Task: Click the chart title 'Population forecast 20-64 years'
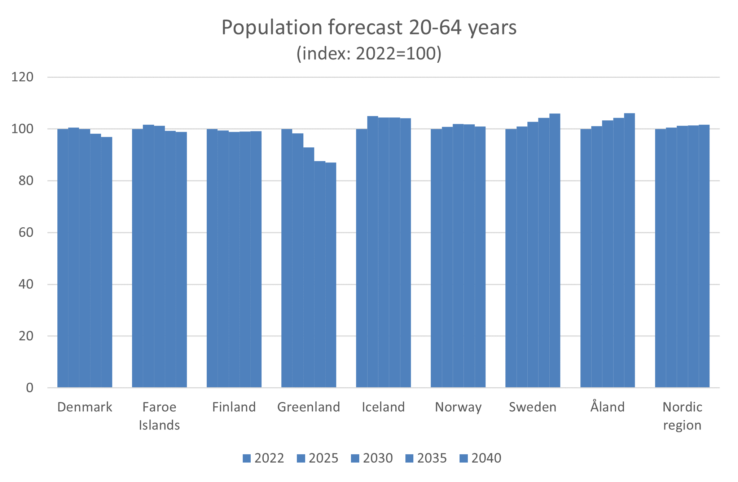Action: (x=369, y=27)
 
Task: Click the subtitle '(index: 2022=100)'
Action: (x=369, y=54)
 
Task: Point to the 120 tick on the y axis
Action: (x=22, y=77)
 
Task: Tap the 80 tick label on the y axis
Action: (x=26, y=181)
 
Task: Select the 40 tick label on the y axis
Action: (x=26, y=284)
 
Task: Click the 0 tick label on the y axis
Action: (x=30, y=388)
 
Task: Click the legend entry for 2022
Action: (x=263, y=458)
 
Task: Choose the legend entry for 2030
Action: (x=372, y=458)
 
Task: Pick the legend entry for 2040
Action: (x=480, y=458)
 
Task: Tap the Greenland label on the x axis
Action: (x=309, y=407)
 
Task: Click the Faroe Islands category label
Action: (x=159, y=416)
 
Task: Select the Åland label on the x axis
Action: (x=607, y=407)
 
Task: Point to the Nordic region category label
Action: (x=682, y=416)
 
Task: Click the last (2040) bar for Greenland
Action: (x=331, y=275)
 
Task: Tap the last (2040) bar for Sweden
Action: (x=555, y=251)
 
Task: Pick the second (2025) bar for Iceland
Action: (x=373, y=252)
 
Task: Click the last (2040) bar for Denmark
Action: (x=107, y=262)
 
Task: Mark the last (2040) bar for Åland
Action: (x=629, y=250)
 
